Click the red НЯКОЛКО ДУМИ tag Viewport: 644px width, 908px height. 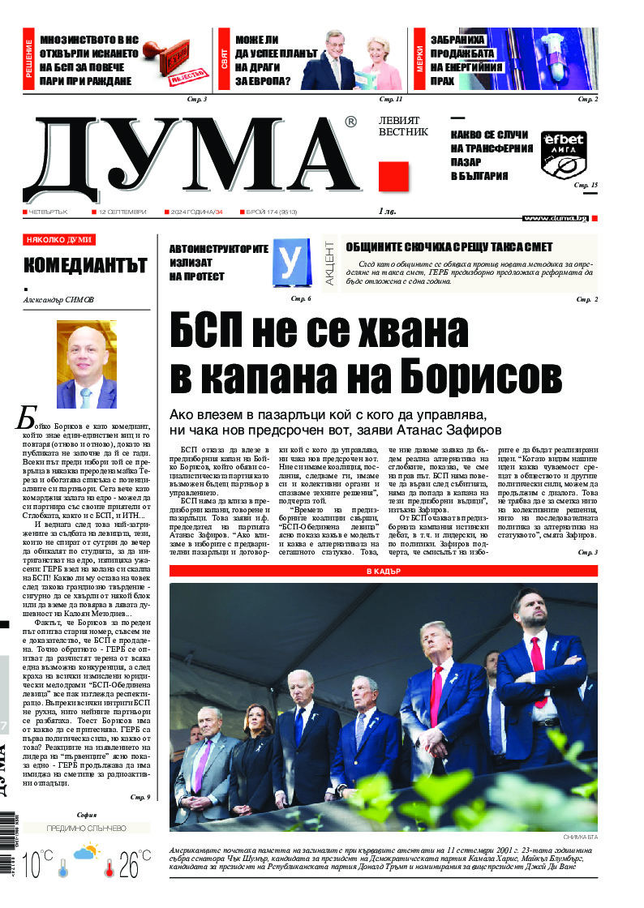tap(59, 240)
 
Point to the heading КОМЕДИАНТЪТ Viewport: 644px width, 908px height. tap(85, 265)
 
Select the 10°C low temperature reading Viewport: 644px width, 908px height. tap(39, 866)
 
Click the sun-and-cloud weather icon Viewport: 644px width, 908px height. tap(86, 853)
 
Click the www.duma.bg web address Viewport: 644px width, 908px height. tap(556, 218)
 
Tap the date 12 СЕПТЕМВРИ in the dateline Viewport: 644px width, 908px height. tap(122, 212)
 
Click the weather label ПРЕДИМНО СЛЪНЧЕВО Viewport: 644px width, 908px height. tap(86, 829)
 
